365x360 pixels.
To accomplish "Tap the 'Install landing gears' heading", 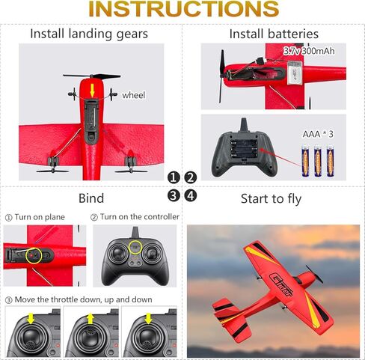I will coord(89,34).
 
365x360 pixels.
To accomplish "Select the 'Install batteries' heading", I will coord(273,34).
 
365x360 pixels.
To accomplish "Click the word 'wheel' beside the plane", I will coord(133,95).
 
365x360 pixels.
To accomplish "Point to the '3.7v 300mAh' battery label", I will coord(309,51).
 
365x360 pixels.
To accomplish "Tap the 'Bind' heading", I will coord(91,198).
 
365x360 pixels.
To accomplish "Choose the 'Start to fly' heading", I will coord(272,198).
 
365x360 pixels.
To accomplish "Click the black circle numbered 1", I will coord(174,177).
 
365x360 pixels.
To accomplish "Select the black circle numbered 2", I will coord(191,177).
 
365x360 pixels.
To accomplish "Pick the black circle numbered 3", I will coord(174,196).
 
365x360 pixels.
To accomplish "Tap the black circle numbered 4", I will coord(191,196).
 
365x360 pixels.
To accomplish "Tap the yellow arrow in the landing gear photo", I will coord(93,91).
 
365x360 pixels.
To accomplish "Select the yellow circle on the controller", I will coord(135,248).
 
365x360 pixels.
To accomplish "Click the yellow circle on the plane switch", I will coord(34,256).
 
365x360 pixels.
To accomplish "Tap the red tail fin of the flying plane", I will coord(225,307).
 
